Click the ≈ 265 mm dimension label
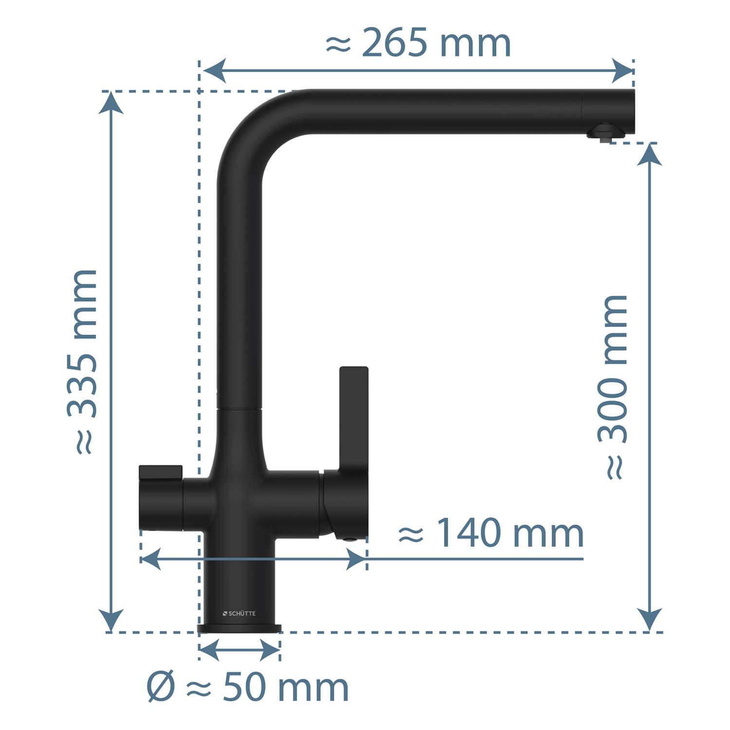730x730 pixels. tap(418, 43)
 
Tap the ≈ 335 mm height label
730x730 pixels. tap(82, 362)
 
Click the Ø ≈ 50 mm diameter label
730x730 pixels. tap(248, 687)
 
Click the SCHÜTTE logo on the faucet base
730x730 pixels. tap(239, 614)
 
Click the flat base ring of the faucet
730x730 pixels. tap(239, 628)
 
